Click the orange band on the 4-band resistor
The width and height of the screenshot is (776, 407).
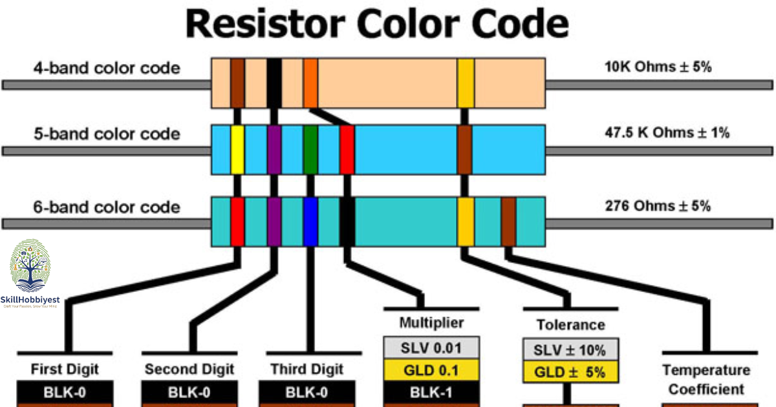[310, 83]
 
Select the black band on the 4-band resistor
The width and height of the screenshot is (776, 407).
[274, 83]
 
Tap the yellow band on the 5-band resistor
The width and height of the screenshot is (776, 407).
[237, 150]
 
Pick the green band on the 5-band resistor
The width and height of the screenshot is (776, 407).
[310, 150]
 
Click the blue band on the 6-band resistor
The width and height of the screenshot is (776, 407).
[310, 222]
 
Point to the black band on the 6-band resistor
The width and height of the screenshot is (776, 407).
[347, 222]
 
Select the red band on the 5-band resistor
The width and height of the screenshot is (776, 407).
[347, 150]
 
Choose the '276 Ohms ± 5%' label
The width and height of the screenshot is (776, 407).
[658, 207]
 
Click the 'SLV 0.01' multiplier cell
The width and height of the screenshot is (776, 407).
[431, 348]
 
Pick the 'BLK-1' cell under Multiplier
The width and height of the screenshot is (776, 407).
[431, 392]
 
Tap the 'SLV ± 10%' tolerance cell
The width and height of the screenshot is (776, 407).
[570, 351]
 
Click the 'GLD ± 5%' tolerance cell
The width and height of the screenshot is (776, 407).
[570, 373]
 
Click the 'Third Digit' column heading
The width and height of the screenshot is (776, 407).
[307, 370]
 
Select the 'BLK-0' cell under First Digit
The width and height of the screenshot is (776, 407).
[65, 392]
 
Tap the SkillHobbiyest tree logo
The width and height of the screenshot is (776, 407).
[30, 266]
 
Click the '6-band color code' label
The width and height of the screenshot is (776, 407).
[106, 207]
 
